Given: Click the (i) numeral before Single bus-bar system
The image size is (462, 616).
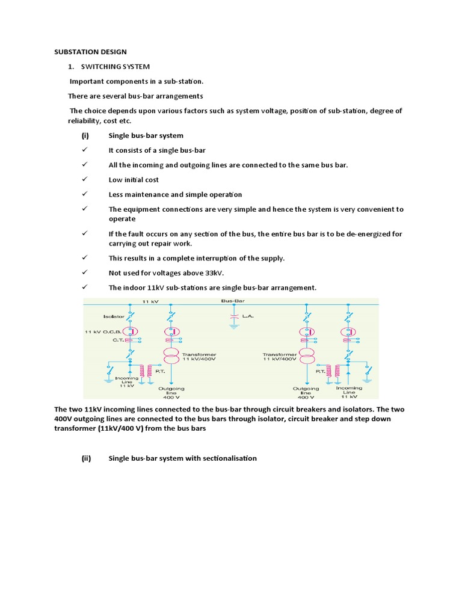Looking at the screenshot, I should [x=85, y=135].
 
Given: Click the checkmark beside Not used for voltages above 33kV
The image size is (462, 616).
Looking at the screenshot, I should [x=85, y=273].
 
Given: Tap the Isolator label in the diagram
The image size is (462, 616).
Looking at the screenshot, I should [x=114, y=315].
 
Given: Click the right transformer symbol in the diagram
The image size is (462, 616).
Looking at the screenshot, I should [x=306, y=356].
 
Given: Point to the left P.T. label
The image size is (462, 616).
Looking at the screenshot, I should [x=159, y=372].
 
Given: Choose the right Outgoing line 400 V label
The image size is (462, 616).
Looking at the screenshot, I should [x=306, y=392].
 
